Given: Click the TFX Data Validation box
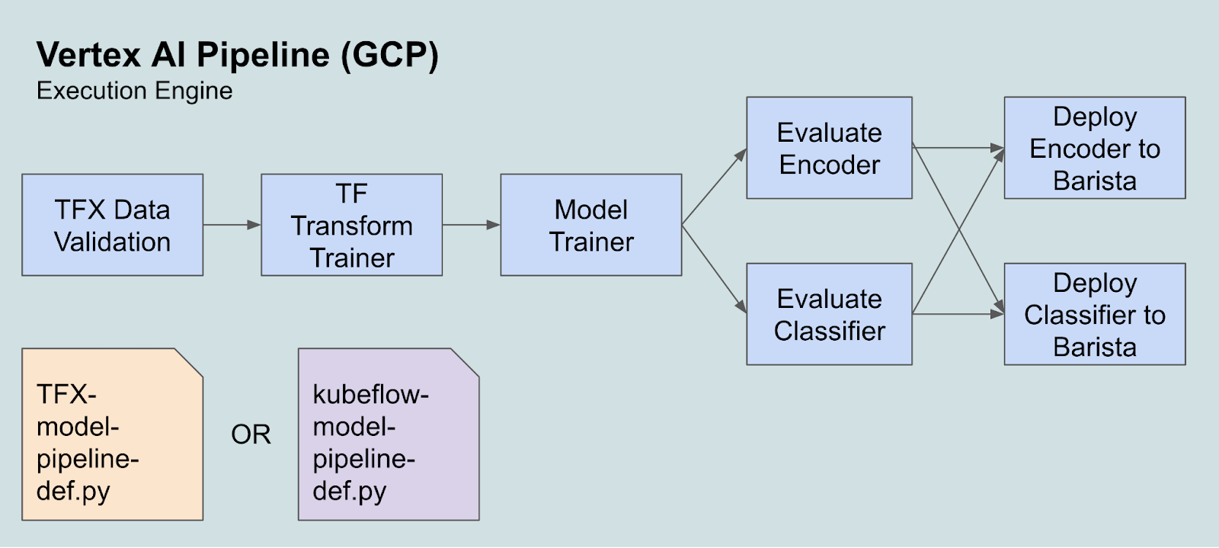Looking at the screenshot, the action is click(x=113, y=225).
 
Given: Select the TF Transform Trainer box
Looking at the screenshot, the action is click(x=351, y=225).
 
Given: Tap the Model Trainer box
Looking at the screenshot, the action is click(x=591, y=225).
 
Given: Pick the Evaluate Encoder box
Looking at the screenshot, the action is click(x=830, y=148).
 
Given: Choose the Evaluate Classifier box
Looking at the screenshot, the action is click(x=830, y=314).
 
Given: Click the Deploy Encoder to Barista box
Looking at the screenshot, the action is click(x=1095, y=148).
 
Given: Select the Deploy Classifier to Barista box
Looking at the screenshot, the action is click(x=1095, y=314).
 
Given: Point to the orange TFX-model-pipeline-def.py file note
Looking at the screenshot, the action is click(x=113, y=434).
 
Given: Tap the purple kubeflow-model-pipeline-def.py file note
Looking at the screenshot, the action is click(x=389, y=434).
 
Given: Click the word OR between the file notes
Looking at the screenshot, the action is click(x=251, y=434).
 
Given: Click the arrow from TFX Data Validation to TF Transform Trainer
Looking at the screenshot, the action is click(x=232, y=225).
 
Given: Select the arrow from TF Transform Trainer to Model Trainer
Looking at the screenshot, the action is click(x=472, y=225).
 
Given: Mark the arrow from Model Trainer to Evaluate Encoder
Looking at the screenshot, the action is click(x=714, y=187).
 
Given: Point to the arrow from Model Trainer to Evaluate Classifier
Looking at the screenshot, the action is click(x=714, y=269).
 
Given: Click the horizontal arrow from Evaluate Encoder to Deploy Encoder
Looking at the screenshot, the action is click(x=958, y=148).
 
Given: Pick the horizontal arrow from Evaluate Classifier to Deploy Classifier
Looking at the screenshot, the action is click(x=958, y=314).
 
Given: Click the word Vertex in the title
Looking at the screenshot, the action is click(x=88, y=55).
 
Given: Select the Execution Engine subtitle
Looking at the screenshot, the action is click(x=134, y=91).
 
